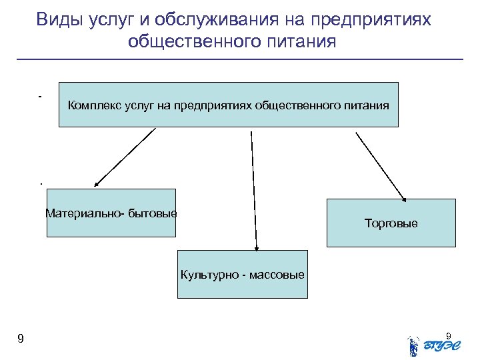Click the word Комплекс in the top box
pyautogui.click(x=93, y=105)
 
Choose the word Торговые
pyautogui.click(x=391, y=223)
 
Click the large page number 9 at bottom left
pyautogui.click(x=21, y=339)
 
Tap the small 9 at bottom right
pyautogui.click(x=448, y=335)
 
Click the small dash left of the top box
pyautogui.click(x=41, y=97)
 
